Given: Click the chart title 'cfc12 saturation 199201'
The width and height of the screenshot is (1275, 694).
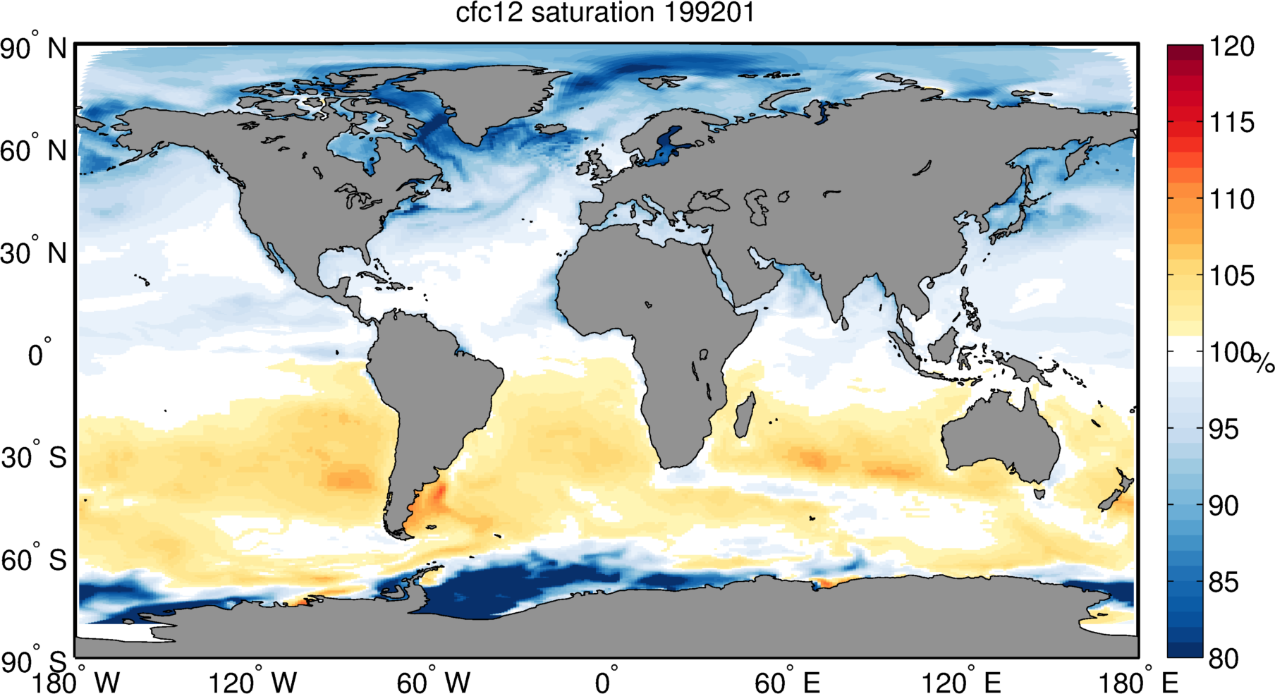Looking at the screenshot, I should [x=605, y=13].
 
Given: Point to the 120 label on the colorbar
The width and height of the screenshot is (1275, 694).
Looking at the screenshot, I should [x=1231, y=47].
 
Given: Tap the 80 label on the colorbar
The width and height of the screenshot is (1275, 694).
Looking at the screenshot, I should [x=1231, y=659].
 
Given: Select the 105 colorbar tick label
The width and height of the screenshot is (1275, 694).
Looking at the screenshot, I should [x=1231, y=276].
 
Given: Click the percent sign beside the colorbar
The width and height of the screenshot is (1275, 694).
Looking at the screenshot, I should [x=1264, y=363].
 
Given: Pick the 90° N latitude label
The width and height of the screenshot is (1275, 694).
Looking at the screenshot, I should [x=33, y=49].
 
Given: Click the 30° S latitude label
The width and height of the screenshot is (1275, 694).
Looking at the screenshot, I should [x=33, y=458].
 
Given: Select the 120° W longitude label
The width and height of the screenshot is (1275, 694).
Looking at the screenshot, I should [x=252, y=682].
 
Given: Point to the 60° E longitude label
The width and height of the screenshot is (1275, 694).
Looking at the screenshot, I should [x=786, y=682].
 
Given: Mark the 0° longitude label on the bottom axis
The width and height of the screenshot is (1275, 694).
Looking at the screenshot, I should [x=606, y=682].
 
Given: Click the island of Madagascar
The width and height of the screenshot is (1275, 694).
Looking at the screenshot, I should [x=744, y=416].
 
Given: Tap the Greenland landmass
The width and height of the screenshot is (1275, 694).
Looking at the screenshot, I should [x=480, y=99].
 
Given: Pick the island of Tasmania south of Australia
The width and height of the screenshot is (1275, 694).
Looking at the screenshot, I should [x=1039, y=494].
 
